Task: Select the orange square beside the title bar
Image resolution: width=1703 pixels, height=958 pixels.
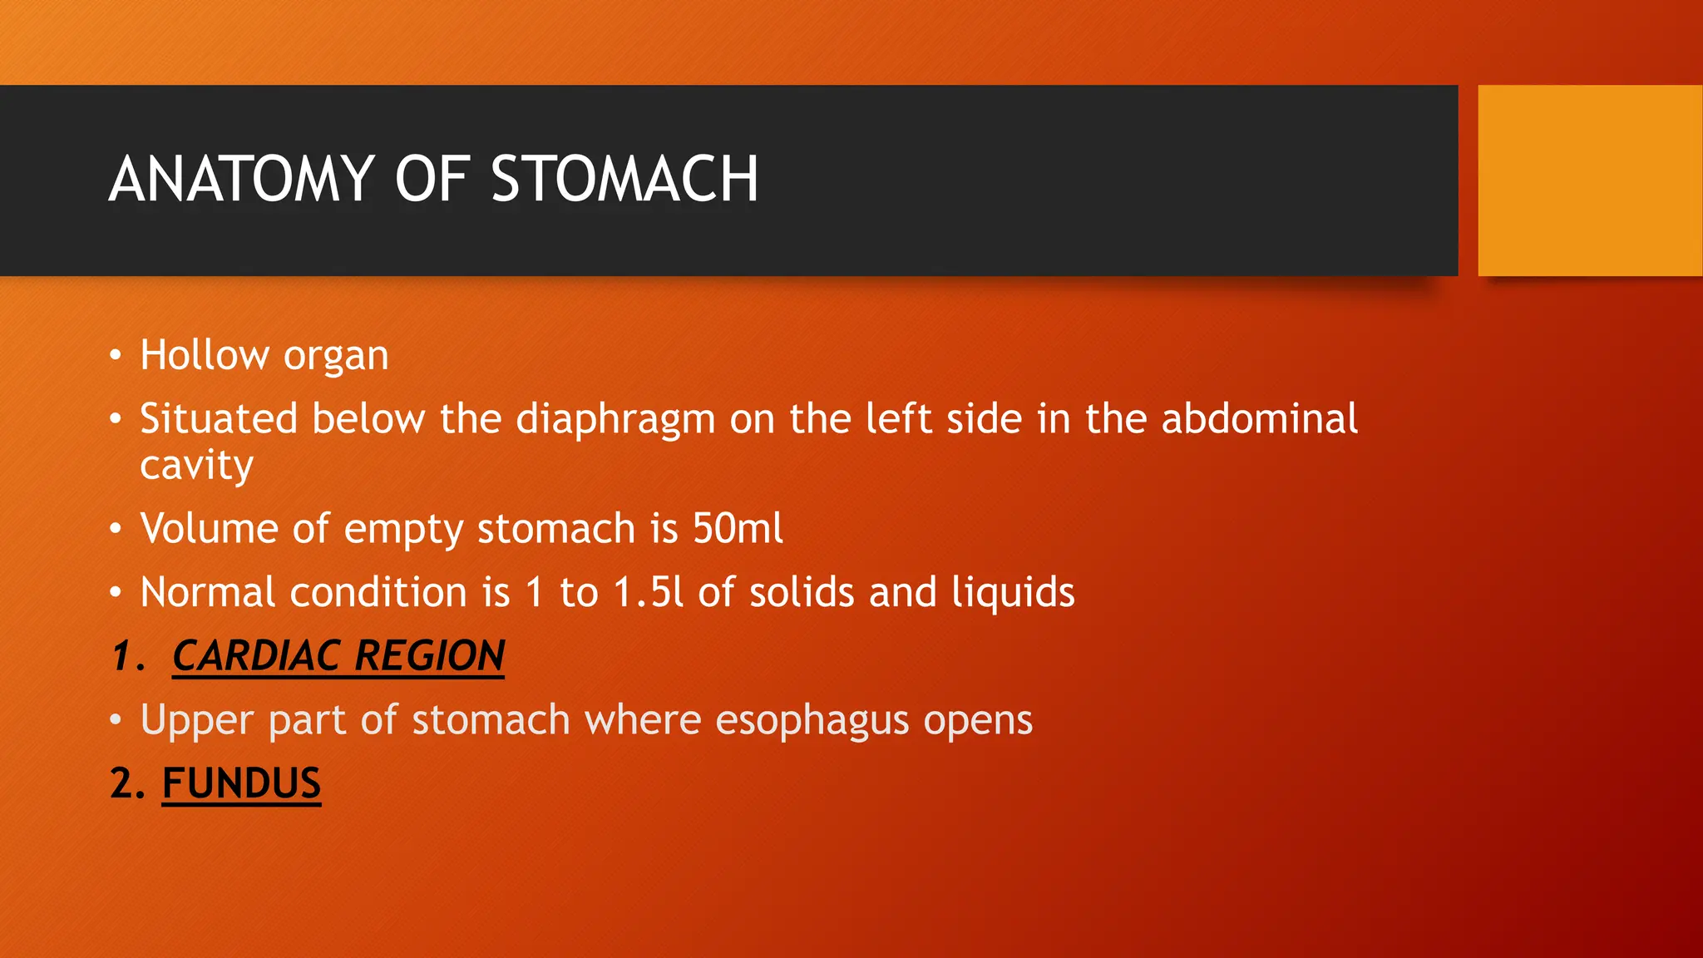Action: pos(1590,180)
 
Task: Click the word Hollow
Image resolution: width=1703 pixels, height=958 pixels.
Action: pos(204,355)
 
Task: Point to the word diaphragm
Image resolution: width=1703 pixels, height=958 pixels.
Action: pos(615,420)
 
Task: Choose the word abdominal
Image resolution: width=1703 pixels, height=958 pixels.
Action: pos(1259,418)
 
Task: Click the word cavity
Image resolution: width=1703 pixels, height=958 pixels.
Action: pos(196,466)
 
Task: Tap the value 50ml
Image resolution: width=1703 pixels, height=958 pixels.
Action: pos(738,529)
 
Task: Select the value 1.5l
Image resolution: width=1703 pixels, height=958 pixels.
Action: pos(648,593)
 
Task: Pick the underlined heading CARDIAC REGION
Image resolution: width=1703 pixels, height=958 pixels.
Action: pos(338,656)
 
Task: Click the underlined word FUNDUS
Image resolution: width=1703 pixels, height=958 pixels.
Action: pos(241,783)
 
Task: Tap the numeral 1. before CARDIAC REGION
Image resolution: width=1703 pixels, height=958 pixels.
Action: pos(127,656)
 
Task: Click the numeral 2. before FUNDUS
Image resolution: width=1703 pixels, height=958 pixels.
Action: pos(127,783)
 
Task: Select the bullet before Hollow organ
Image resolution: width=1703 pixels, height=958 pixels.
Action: pos(116,357)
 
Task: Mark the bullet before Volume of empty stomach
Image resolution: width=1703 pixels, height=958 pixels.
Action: pos(116,530)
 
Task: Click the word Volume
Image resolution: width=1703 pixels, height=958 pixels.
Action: pos(209,529)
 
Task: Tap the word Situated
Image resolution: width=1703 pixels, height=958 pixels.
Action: pos(219,418)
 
